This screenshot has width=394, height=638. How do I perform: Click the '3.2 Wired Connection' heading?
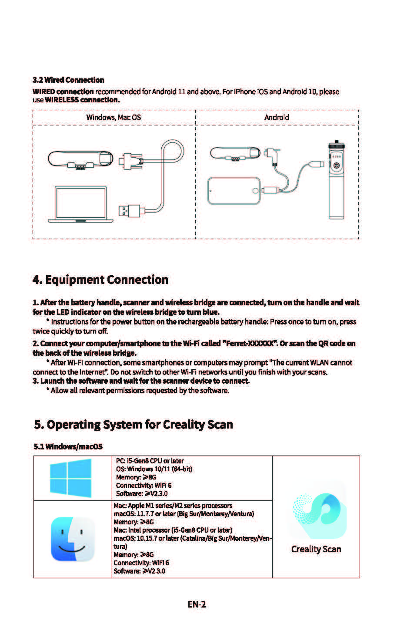[x=68, y=80]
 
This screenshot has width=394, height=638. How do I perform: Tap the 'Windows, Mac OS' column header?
[x=114, y=117]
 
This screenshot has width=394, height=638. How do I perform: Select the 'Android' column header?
[x=277, y=117]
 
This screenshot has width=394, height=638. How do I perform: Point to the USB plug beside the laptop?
[x=129, y=210]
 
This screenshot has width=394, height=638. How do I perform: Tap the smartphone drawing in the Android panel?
[x=234, y=190]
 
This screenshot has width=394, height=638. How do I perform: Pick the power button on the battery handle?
[x=337, y=166]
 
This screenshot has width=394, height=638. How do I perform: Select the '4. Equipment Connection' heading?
[x=100, y=280]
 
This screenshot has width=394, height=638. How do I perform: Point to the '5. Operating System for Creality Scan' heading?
[x=134, y=424]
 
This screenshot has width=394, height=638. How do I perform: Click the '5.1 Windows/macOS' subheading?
[x=68, y=446]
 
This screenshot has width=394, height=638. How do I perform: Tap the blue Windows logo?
[x=71, y=478]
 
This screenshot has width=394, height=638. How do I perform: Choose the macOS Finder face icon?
[x=73, y=539]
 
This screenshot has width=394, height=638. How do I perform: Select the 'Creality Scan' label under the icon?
[x=316, y=549]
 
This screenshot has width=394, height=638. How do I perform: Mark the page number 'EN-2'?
[x=197, y=604]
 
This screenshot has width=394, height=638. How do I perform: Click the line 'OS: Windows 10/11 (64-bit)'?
[x=154, y=469]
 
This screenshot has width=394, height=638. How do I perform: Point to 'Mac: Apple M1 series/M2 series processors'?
[x=173, y=505]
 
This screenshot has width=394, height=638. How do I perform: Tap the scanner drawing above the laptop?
[x=81, y=159]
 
